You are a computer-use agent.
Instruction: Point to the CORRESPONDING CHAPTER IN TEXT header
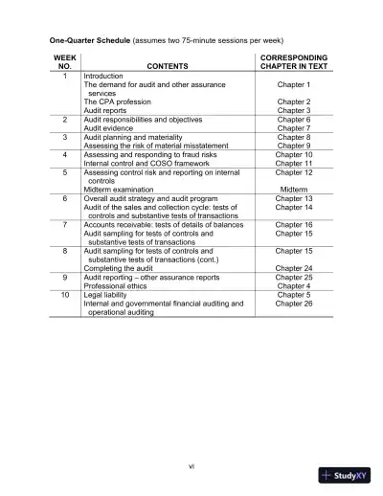(294, 62)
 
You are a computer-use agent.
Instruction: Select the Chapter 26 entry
(294, 303)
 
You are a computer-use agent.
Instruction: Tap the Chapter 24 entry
(294, 268)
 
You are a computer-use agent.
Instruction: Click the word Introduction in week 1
(105, 76)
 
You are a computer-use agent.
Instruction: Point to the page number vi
(191, 466)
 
